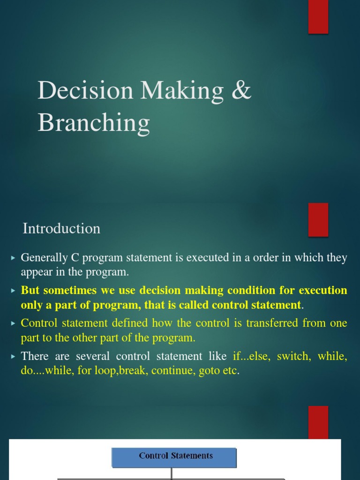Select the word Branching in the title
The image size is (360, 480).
pos(94,123)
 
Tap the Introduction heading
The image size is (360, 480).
pos(61,229)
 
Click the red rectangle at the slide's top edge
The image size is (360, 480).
pos(318,17)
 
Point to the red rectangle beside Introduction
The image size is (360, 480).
pos(318,219)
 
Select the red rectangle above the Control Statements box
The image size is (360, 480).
pos(318,422)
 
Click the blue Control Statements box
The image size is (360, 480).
pos(174,457)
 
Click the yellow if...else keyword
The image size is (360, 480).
pos(253,356)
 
